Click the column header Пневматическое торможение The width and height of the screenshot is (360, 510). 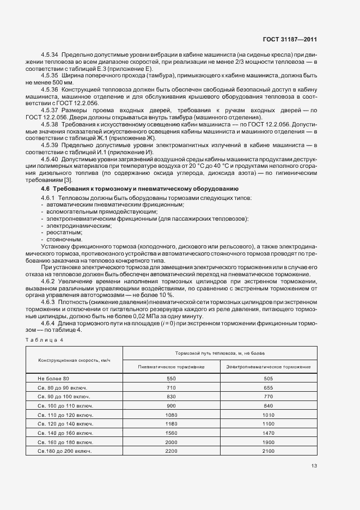click(172, 367)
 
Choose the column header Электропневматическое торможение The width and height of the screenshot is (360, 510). click(269, 367)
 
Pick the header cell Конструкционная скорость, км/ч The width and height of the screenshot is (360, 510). click(74, 361)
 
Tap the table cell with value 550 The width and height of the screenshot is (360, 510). click(172, 378)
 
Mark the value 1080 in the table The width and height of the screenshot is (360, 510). click(172, 415)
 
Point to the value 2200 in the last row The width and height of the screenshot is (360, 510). click(172, 451)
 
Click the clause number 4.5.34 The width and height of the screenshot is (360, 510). click(50, 56)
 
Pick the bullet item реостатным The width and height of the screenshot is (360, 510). click(64, 232)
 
